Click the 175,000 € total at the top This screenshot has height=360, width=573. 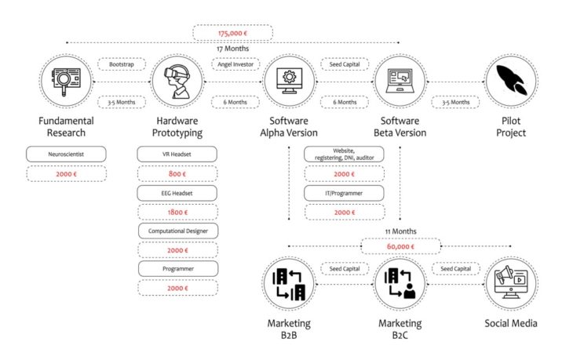coord(233,33)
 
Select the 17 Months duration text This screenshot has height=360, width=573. coord(233,48)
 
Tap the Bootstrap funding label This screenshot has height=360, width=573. coord(121,64)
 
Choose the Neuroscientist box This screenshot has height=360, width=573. coord(66,155)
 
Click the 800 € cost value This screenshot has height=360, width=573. coord(177,173)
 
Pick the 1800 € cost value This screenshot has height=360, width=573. coord(177,212)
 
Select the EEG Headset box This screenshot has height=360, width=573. coord(177,193)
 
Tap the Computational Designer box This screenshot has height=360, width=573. coord(177,231)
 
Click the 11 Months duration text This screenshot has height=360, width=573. coord(400,231)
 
